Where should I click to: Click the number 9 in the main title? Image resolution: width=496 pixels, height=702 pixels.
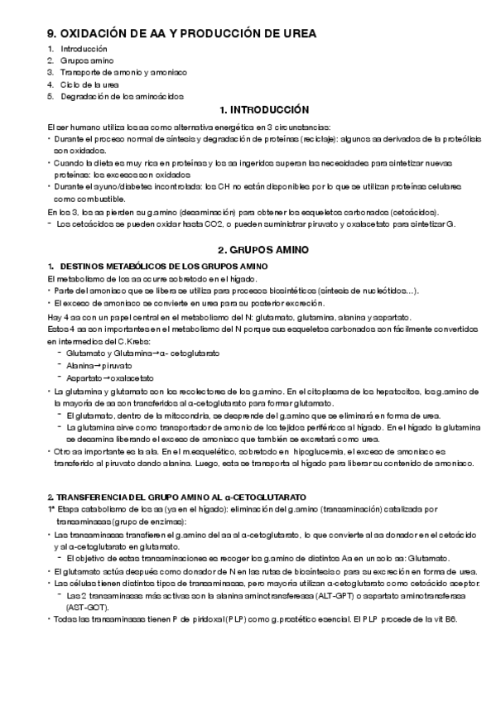point(51,33)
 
